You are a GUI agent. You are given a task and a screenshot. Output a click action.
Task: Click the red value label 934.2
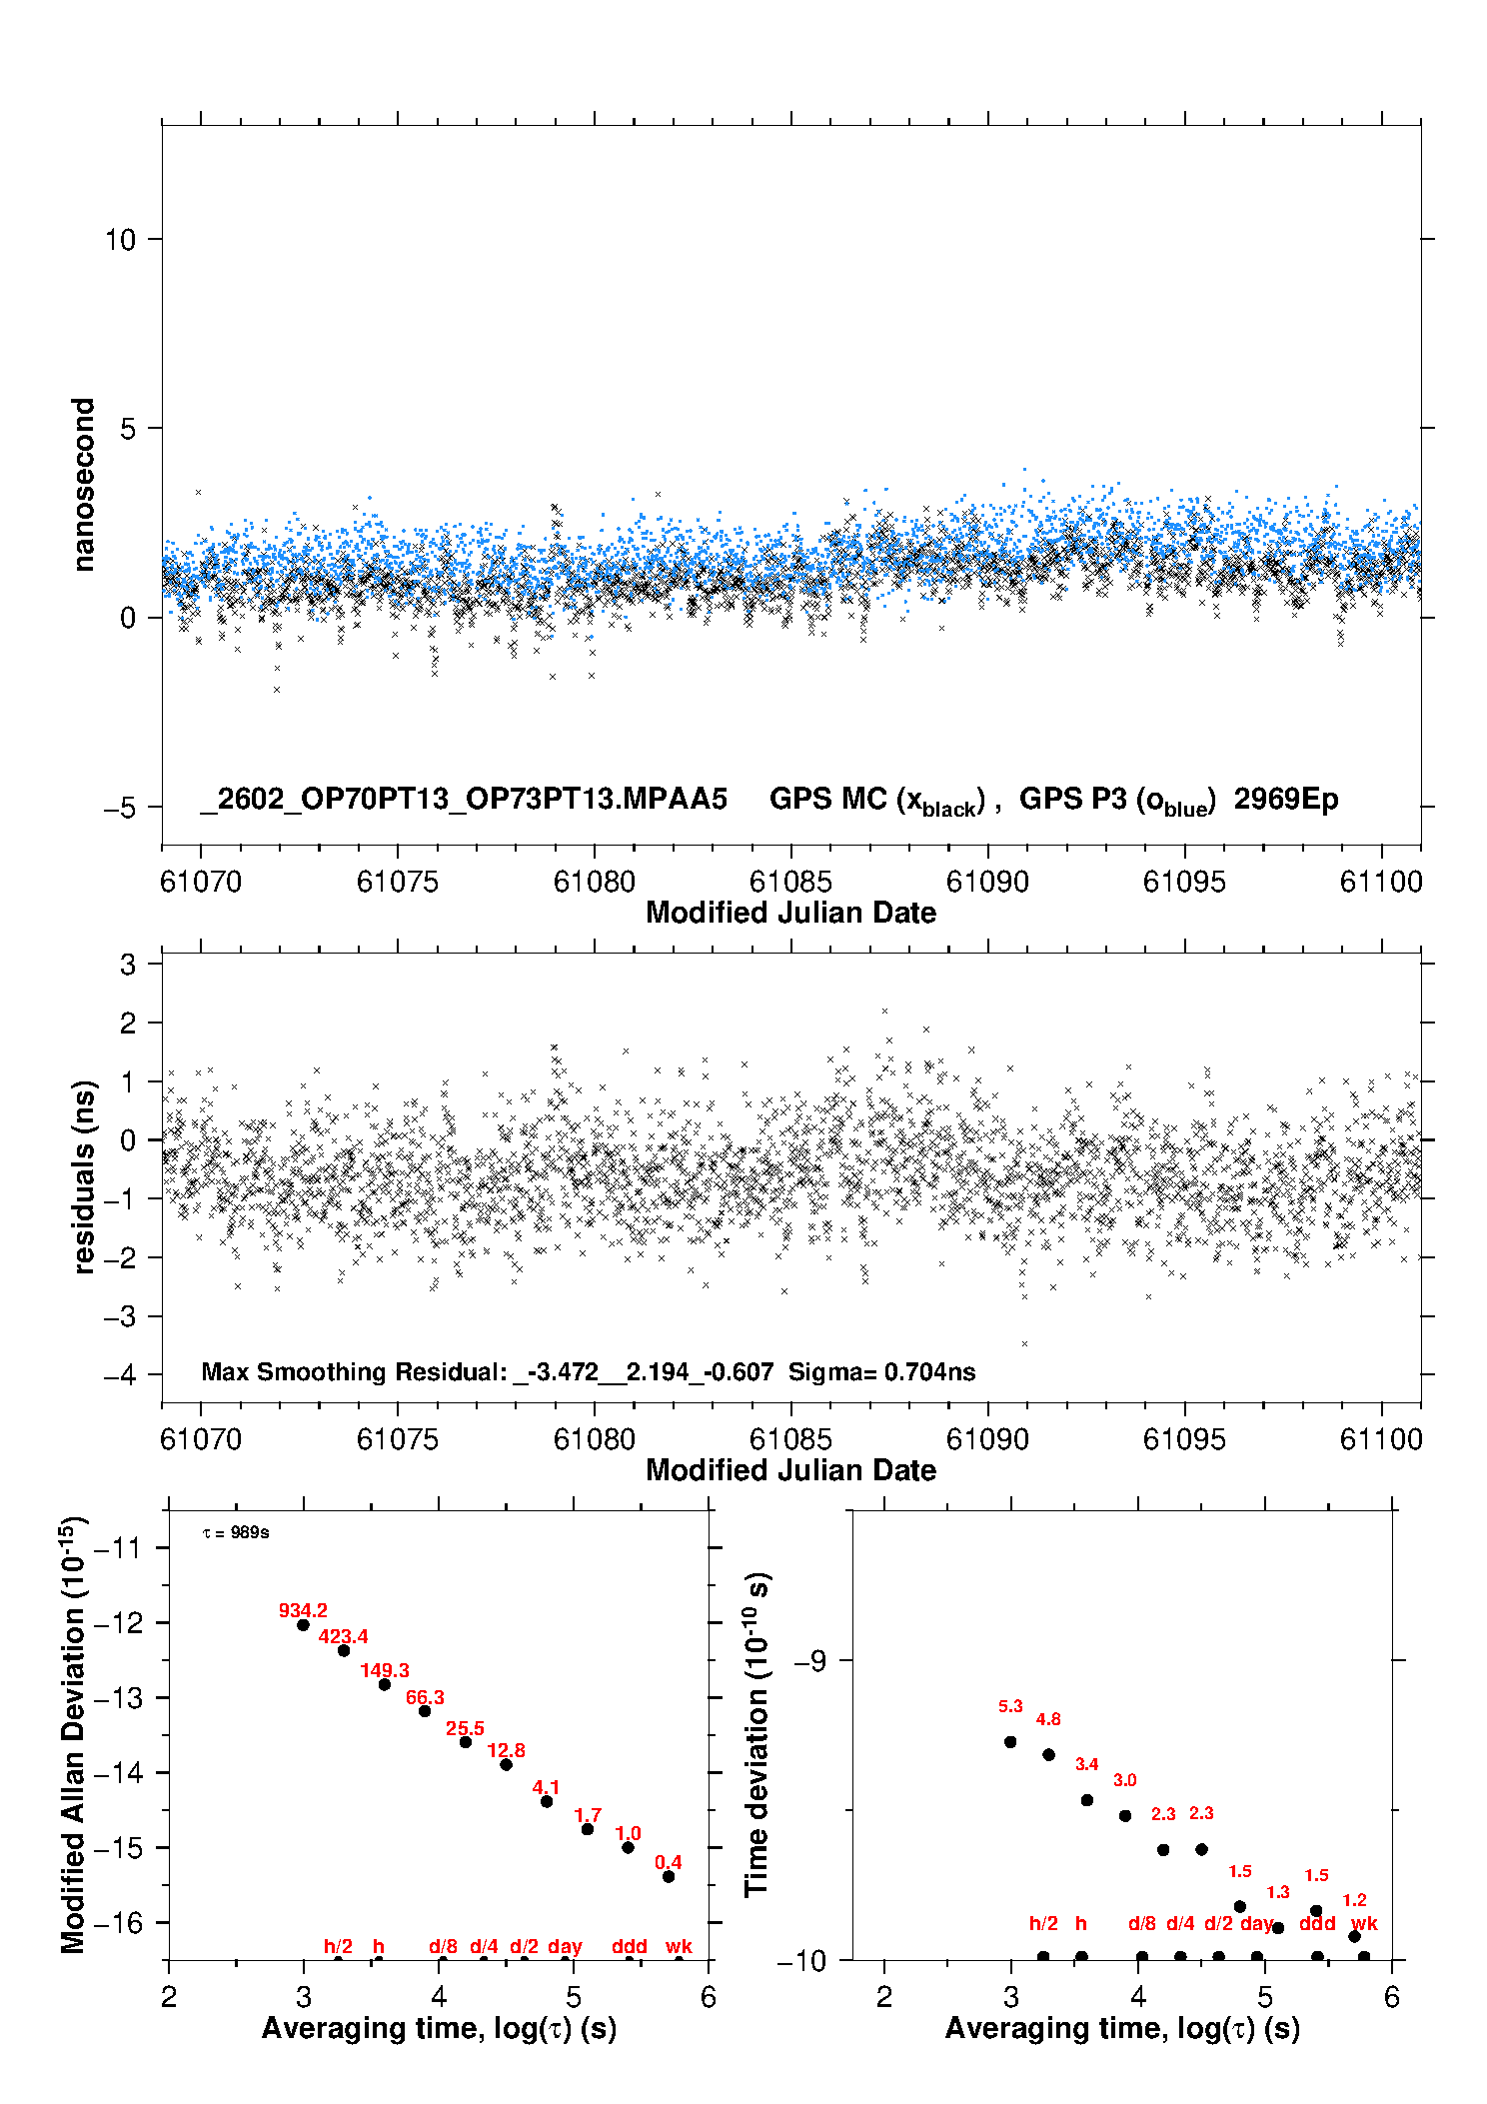[303, 1610]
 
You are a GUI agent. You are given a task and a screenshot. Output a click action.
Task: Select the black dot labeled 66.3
[425, 1711]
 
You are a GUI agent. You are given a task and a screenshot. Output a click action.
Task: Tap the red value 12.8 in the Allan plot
[506, 1750]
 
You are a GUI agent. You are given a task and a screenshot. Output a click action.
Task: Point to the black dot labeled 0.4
[669, 1876]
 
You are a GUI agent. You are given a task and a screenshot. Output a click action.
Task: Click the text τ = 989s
[236, 1532]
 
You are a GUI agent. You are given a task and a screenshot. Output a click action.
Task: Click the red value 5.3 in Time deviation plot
[1010, 1706]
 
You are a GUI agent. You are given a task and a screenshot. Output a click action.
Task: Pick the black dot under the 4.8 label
[1048, 1754]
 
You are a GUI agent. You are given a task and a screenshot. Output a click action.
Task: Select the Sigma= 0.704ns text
[881, 1371]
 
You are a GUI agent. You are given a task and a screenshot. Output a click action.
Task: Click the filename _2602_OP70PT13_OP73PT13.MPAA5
[464, 799]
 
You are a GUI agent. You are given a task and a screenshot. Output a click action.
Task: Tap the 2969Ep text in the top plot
[1285, 799]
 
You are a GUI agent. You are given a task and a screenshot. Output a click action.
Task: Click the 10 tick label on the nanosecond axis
[120, 239]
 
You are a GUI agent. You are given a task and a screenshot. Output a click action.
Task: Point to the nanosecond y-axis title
[83, 485]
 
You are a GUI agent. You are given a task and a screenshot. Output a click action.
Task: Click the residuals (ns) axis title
[84, 1176]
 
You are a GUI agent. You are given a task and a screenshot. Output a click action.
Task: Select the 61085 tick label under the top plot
[790, 882]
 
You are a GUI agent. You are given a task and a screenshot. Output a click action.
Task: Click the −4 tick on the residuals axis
[121, 1374]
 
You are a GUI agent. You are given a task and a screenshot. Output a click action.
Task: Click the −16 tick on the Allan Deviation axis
[118, 1922]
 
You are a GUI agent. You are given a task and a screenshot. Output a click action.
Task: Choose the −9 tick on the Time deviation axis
[810, 1660]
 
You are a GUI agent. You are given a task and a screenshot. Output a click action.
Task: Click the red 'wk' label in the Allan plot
[679, 1946]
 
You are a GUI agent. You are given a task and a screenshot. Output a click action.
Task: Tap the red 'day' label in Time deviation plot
[1256, 1923]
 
